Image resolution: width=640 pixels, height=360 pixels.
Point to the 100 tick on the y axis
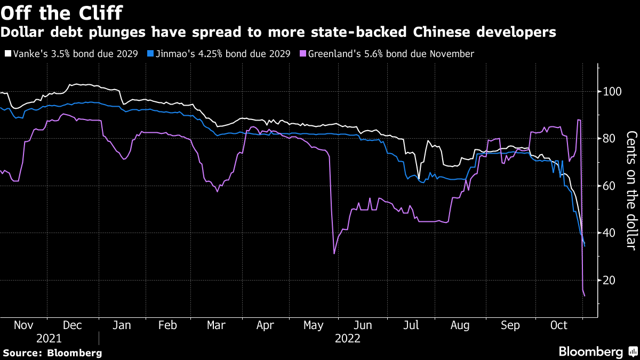click(609, 92)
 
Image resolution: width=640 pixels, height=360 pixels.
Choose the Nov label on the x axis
click(23, 325)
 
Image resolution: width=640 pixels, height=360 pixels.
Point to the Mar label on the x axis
click(217, 325)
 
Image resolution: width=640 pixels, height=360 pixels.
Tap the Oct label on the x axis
click(558, 325)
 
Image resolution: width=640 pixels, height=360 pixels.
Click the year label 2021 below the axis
click(49, 339)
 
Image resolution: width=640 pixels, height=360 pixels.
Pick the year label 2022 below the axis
click(348, 339)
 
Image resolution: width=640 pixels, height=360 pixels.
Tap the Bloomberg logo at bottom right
click(597, 351)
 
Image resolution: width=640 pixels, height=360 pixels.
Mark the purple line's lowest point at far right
click(585, 295)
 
